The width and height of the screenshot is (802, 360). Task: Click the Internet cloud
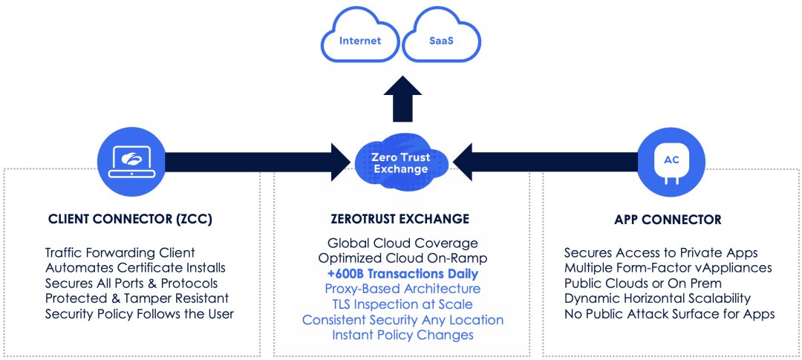(x=360, y=40)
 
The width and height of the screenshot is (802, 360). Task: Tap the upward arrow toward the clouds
(x=402, y=99)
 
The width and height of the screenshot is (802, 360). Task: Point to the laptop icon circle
(x=131, y=163)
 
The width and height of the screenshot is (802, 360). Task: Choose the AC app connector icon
(x=671, y=163)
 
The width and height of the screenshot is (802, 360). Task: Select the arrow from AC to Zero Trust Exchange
(x=545, y=163)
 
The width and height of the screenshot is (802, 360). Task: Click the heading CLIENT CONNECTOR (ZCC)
(x=130, y=220)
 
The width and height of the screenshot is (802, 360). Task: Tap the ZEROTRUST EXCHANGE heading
(x=400, y=220)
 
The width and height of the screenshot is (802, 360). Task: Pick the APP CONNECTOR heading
(x=668, y=220)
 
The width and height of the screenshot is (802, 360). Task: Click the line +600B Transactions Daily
(x=400, y=274)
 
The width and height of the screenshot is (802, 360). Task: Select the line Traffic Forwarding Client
(x=120, y=252)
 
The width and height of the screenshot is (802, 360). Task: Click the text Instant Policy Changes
(x=402, y=336)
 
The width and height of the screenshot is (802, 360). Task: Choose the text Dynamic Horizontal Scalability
(x=658, y=298)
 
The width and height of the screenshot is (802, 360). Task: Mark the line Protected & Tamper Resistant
(x=137, y=298)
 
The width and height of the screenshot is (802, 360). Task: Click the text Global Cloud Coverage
(x=402, y=243)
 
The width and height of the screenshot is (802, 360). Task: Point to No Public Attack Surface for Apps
(x=670, y=314)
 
